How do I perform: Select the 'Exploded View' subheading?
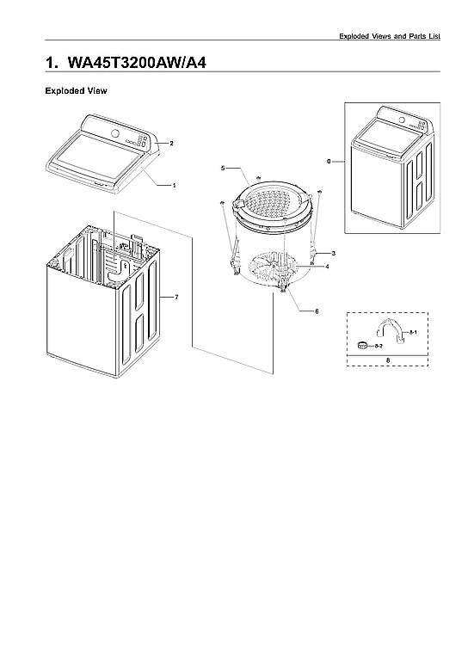pyautogui.click(x=75, y=90)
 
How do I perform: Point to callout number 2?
pyautogui.click(x=172, y=143)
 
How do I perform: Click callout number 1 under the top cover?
pyautogui.click(x=175, y=185)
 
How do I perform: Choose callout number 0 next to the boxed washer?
pyautogui.click(x=329, y=161)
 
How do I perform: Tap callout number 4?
pyautogui.click(x=326, y=267)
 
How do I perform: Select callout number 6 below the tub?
pyautogui.click(x=317, y=310)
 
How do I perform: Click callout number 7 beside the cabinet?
pyautogui.click(x=175, y=297)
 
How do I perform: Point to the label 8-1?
pyautogui.click(x=413, y=331)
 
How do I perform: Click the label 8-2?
pyautogui.click(x=379, y=345)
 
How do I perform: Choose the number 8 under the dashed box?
pyautogui.click(x=388, y=360)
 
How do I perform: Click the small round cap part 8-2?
pyautogui.click(x=363, y=345)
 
